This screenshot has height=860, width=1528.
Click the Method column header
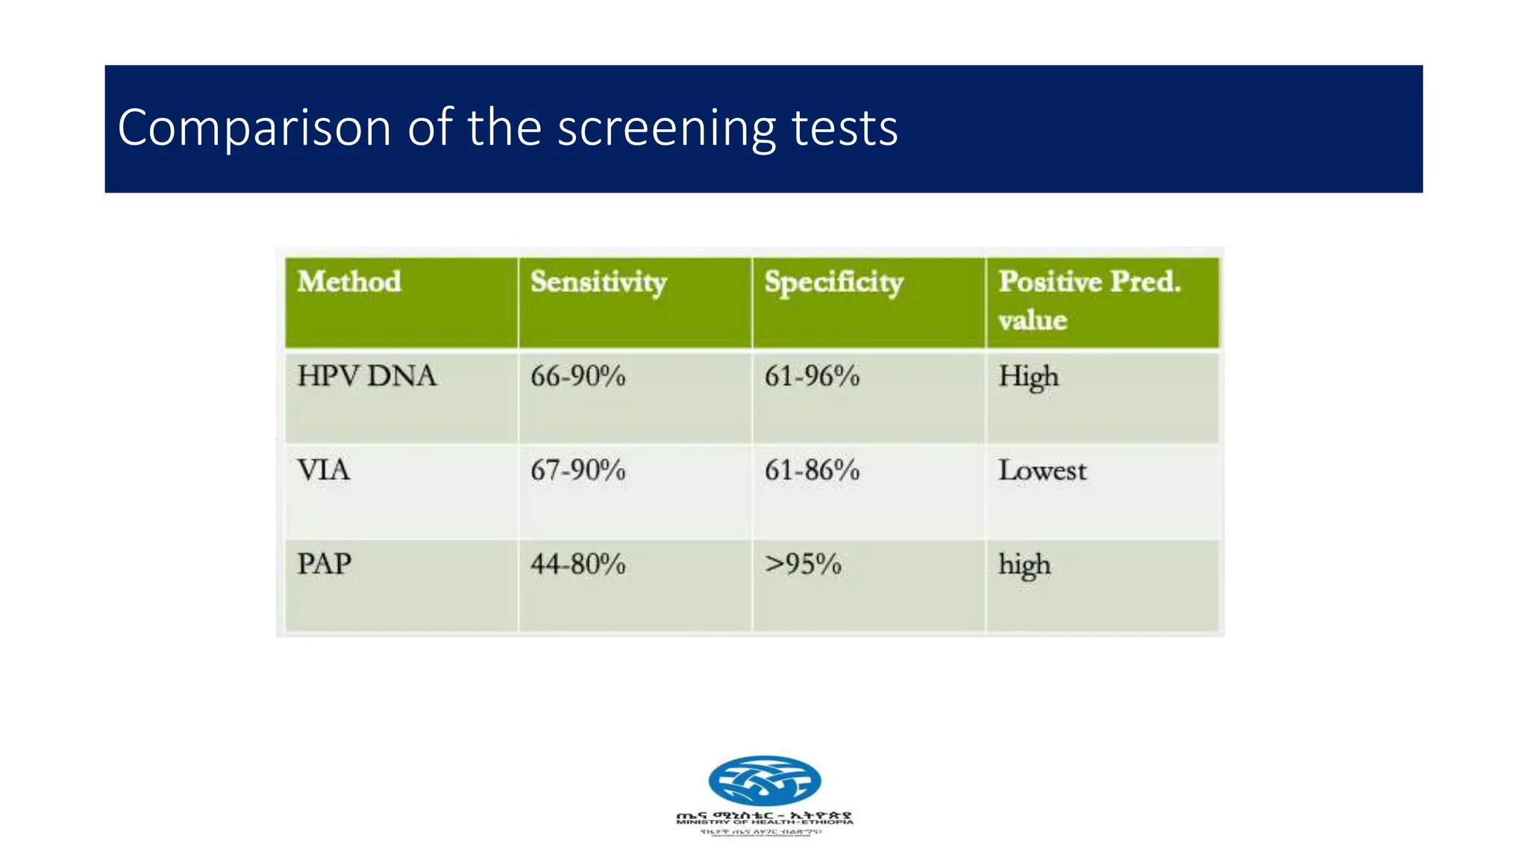(349, 282)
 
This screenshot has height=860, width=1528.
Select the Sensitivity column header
(598, 282)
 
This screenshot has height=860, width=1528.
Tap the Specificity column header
(833, 282)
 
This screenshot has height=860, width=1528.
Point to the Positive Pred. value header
(1089, 300)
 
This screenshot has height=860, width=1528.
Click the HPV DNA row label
(366, 376)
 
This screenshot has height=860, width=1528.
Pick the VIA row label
(323, 470)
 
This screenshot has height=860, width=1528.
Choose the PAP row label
(324, 564)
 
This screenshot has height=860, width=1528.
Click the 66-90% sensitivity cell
(577, 376)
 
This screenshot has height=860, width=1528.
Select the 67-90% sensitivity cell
(577, 470)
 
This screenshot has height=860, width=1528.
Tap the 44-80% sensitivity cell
(577, 564)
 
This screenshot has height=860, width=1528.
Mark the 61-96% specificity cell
(812, 376)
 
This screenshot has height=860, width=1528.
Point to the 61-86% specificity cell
(812, 470)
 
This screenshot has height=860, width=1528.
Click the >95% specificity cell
(803, 564)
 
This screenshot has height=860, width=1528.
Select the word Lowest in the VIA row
(1042, 470)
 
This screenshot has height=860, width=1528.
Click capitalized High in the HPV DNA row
(1028, 376)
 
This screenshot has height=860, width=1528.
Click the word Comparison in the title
(254, 128)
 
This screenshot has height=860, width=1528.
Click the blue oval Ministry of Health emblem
(765, 780)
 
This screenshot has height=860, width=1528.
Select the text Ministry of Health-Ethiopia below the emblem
(765, 822)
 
